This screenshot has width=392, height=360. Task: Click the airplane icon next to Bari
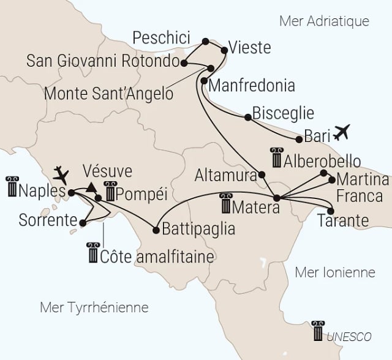(342, 131)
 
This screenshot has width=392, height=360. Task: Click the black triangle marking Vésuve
(91, 187)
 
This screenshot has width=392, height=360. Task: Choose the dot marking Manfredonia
(203, 80)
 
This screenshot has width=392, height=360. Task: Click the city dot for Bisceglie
(247, 117)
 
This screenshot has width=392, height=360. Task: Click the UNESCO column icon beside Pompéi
(110, 192)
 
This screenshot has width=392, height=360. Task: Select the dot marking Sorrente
(81, 223)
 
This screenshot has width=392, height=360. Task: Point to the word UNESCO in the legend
(349, 337)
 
